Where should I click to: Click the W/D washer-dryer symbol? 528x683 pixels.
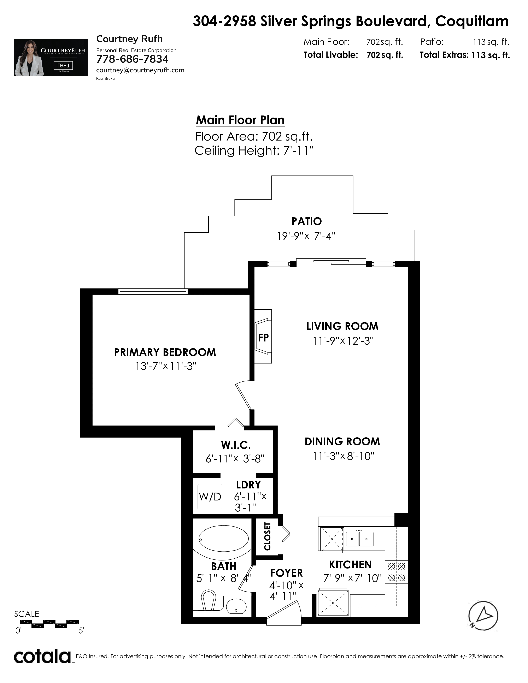click(x=210, y=497)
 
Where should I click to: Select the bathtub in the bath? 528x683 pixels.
click(x=224, y=539)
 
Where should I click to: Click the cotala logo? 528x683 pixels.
click(x=42, y=657)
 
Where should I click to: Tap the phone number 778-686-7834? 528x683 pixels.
click(x=132, y=59)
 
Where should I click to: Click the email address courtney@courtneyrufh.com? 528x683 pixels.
click(x=140, y=70)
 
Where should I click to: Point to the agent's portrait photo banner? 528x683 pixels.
click(x=51, y=57)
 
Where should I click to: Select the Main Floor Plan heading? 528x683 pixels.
click(x=240, y=120)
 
